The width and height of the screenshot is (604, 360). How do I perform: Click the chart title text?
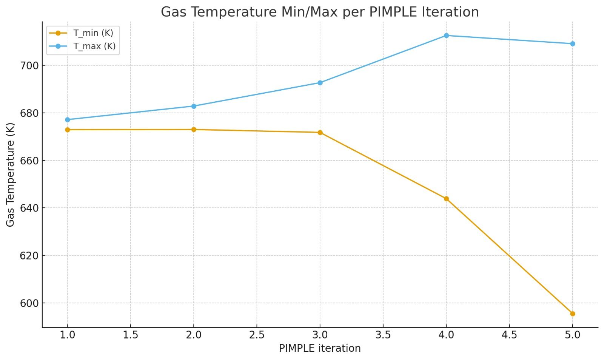pos(320,12)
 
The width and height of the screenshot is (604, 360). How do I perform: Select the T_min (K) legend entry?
pos(93,33)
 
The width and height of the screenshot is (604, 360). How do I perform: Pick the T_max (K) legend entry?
pos(94,46)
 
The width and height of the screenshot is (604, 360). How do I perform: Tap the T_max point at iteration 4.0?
pos(446,36)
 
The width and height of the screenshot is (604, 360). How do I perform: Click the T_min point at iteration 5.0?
pos(572,314)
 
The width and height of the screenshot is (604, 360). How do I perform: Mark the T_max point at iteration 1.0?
pos(68,120)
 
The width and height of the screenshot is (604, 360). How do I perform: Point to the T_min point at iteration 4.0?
pos(446,199)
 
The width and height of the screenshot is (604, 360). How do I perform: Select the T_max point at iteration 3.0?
pos(320,83)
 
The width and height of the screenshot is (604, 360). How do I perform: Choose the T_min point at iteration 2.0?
pos(194,130)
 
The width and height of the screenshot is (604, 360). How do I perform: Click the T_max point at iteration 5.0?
pos(572,44)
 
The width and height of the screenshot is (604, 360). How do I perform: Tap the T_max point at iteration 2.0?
pos(194,106)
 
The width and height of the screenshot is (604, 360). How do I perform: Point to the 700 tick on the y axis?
pos(29,66)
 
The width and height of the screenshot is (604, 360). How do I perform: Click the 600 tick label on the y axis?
pos(29,303)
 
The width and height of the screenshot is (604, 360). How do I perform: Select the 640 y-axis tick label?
pos(29,208)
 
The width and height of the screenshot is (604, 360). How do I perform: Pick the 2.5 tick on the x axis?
pos(257,335)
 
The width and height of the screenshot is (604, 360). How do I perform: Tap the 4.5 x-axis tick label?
pos(509,335)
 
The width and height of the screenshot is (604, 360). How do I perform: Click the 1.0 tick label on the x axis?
pos(68,335)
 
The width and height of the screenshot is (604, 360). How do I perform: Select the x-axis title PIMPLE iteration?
pos(320,348)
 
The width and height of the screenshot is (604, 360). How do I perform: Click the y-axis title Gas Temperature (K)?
pos(10,175)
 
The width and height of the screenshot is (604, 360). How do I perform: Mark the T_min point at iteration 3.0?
pos(320,133)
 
